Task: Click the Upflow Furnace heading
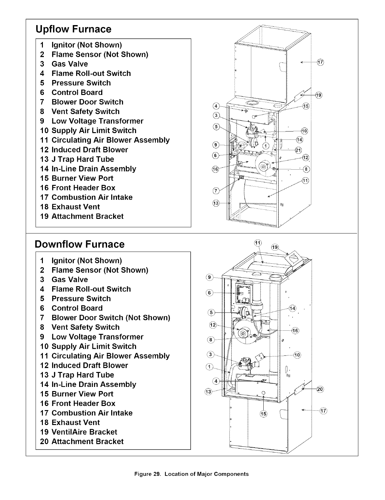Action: tap(73, 29)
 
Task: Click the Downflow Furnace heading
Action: tap(79, 244)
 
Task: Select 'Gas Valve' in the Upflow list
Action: tap(70, 64)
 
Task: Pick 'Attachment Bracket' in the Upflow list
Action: tap(87, 216)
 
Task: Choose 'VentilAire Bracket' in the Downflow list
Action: tap(84, 432)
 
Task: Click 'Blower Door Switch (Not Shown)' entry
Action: tap(111, 318)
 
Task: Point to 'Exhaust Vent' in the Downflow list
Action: tap(76, 422)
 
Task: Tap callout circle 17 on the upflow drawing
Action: tap(320, 62)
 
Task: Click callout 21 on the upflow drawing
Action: tap(298, 150)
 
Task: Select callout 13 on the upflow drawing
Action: tap(215, 203)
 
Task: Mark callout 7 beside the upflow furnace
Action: tap(215, 190)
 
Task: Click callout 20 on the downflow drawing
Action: tap(320, 389)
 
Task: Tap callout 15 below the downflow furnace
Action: tap(264, 414)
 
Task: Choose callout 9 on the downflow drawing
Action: tap(209, 277)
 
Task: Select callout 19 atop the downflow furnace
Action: tap(275, 247)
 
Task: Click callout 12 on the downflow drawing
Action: tap(213, 325)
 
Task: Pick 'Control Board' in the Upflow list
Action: tap(77, 92)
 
